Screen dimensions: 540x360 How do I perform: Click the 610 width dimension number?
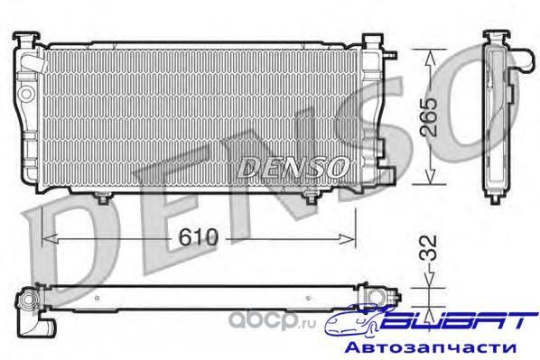199,236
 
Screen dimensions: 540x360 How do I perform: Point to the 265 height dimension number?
430,117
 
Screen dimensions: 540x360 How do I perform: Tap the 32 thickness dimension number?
429,247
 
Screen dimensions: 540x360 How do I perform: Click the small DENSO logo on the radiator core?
293,167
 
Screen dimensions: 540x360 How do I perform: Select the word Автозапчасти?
431,347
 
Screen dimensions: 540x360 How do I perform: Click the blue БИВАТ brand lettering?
460,321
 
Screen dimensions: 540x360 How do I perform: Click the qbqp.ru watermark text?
272,321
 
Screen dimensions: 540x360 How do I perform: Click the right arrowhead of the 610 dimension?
347,238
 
